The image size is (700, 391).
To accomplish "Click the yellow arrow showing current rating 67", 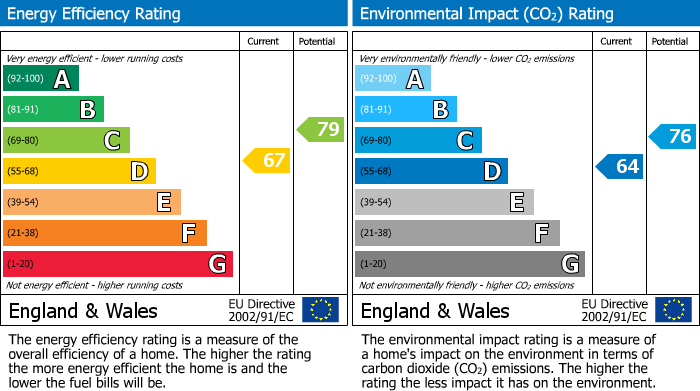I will pyautogui.click(x=267, y=161).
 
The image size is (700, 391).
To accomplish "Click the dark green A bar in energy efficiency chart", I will pyautogui.click(x=40, y=79).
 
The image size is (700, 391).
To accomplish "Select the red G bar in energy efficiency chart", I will pyautogui.click(x=117, y=264).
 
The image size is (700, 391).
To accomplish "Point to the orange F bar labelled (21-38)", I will pyautogui.click(x=104, y=233).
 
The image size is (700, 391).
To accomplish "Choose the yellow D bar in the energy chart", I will pyautogui.click(x=79, y=171).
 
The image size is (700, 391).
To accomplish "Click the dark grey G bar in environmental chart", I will pyautogui.click(x=469, y=264).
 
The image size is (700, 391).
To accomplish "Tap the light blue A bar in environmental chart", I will pyautogui.click(x=393, y=79).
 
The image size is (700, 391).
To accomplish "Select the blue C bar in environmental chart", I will pyautogui.click(x=418, y=140).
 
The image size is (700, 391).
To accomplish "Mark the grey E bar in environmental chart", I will pyautogui.click(x=444, y=202).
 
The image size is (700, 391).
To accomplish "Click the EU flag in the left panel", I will pyautogui.click(x=320, y=310).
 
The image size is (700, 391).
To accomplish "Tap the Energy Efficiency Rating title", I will pyautogui.click(x=95, y=14).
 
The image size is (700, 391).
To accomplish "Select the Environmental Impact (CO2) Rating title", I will pyautogui.click(x=486, y=14).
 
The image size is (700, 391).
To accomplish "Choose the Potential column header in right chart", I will pyautogui.click(x=670, y=41).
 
